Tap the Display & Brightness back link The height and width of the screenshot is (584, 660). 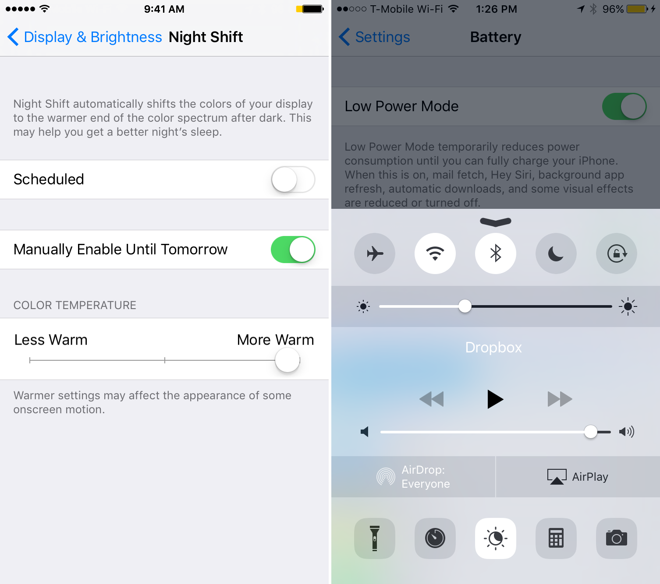click(85, 37)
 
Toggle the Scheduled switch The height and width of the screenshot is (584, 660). click(293, 179)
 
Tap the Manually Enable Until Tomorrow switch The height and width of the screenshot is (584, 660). click(293, 250)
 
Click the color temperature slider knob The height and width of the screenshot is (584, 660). click(287, 360)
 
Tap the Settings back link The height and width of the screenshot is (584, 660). click(375, 37)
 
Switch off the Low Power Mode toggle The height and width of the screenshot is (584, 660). click(624, 106)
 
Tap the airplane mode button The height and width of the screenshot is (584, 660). click(375, 253)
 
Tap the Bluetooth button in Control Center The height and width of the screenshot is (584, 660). click(496, 253)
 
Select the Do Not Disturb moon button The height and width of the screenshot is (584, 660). click(556, 253)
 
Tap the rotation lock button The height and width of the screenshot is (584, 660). click(617, 253)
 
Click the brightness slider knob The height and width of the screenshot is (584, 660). click(465, 306)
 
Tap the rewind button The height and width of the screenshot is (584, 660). click(432, 399)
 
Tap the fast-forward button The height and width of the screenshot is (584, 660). click(560, 399)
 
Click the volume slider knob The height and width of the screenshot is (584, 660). click(591, 432)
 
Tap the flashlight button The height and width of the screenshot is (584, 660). click(375, 538)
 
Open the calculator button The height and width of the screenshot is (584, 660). click(556, 538)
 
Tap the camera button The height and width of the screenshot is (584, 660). click(617, 538)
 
